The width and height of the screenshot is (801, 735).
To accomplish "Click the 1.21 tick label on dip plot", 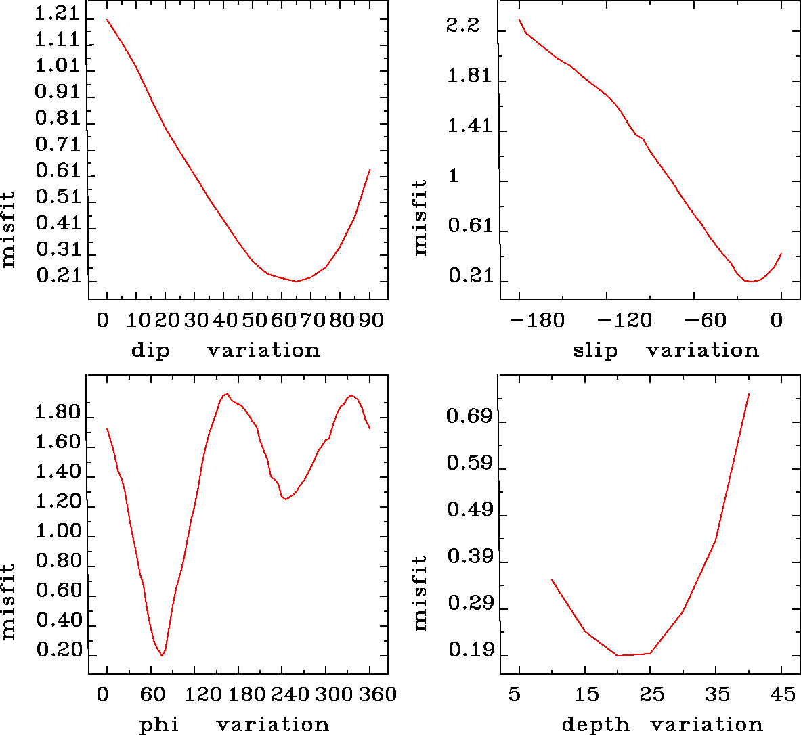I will (57, 14).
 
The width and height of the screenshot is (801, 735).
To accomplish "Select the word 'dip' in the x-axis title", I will (150, 351).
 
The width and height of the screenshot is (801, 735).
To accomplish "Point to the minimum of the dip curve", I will (296, 281).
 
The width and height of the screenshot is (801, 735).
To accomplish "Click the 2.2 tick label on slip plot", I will (462, 26).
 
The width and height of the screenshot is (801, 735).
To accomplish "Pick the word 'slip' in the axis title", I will (595, 351).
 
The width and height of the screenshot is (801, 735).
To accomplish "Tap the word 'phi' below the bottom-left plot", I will (159, 725).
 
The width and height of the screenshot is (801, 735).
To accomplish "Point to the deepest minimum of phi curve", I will (162, 655).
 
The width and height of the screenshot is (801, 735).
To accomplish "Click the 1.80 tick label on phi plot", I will (58, 412).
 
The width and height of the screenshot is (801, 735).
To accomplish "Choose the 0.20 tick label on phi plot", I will (58, 650).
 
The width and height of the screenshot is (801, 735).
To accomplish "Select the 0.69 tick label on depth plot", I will (469, 416).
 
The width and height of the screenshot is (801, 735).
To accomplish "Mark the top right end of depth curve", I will (748, 394).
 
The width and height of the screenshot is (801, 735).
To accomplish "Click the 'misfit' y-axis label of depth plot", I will (420, 594).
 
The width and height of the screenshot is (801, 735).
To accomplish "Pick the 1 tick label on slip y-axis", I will (454, 176).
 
